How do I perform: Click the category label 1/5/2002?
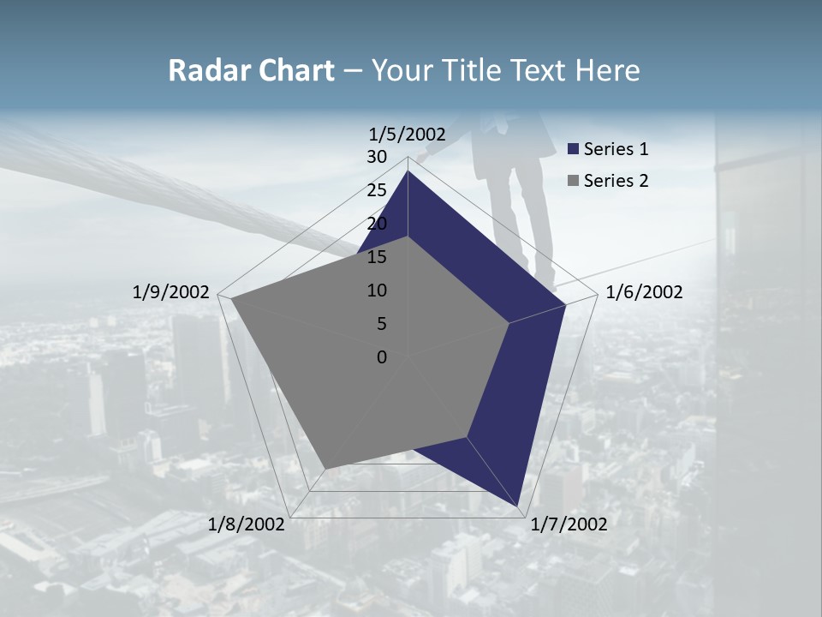coord(408,134)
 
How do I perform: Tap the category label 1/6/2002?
coord(644,292)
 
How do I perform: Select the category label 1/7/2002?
coord(569,524)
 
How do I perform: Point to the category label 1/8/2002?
coord(247,524)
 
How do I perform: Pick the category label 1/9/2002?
coord(171,292)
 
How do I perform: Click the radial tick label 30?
coord(377,157)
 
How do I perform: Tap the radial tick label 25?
coord(377,190)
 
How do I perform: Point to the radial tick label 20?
coord(377,224)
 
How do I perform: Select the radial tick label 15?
coord(377,257)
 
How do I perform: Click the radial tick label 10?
coord(377,291)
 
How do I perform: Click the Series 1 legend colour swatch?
coord(574,150)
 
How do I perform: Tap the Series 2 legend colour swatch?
coord(574,181)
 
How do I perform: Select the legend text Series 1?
coord(616,149)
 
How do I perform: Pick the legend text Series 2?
coord(616,181)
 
